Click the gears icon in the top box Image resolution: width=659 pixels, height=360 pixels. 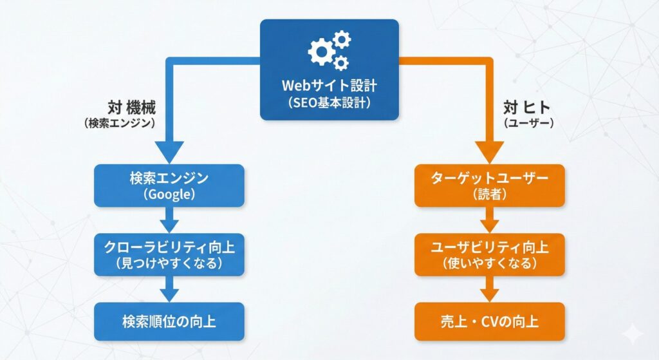329,50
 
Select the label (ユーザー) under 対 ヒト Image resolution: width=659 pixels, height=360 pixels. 528,122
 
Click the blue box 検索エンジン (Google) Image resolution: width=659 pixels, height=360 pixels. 169,185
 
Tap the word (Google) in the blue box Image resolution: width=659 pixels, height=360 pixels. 169,194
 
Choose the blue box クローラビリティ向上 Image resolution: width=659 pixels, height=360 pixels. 169,254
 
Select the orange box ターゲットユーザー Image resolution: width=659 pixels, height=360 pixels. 489,185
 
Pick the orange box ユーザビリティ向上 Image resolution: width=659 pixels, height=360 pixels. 489,254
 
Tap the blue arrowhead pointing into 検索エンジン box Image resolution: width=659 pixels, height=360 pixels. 169,152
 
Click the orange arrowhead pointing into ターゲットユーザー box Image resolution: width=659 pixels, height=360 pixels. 489,152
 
